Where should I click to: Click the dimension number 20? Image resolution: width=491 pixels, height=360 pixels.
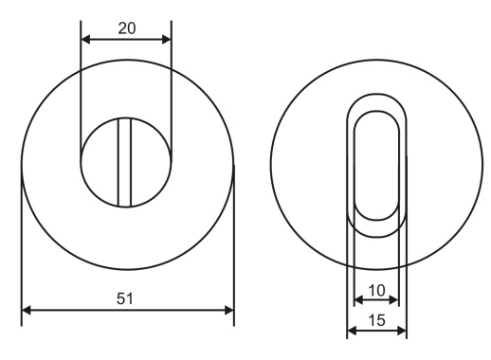(127, 28)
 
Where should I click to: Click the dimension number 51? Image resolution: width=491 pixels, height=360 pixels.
(125, 298)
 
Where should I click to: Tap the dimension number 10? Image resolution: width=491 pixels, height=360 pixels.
(377, 290)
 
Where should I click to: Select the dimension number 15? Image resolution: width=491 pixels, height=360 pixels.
(377, 320)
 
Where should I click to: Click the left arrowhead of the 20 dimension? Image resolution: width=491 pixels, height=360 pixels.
(85, 40)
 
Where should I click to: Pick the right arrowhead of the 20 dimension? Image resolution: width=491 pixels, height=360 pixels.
(166, 40)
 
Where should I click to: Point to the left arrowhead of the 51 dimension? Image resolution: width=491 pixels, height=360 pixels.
(27, 310)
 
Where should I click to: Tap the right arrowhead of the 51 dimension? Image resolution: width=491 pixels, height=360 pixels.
(228, 310)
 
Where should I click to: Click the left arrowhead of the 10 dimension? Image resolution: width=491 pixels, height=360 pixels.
(358, 300)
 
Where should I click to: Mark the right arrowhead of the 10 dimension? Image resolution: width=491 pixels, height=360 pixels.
(394, 300)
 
